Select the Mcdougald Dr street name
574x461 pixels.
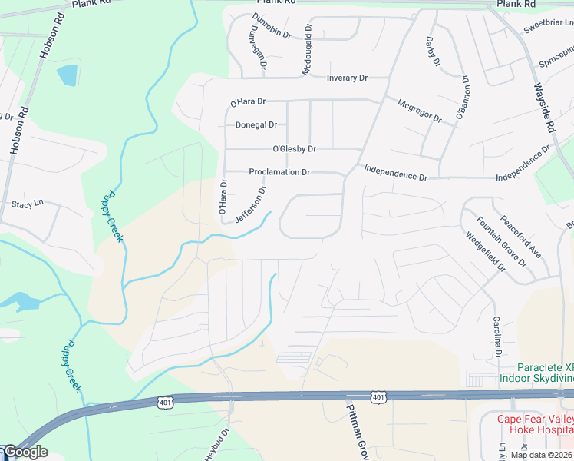(x=308, y=48)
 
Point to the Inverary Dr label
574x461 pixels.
(x=348, y=78)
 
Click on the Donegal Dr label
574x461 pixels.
(x=256, y=124)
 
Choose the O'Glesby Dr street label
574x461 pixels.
(x=294, y=149)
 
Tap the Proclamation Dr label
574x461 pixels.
(x=279, y=173)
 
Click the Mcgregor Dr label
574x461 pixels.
(x=420, y=110)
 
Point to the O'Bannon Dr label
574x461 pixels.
(x=463, y=96)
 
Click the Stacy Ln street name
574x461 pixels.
(x=27, y=204)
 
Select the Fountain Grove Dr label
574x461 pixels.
(x=500, y=241)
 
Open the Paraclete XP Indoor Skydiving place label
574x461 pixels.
(x=536, y=373)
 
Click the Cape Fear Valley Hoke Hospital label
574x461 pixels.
(x=535, y=425)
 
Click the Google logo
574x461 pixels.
(x=25, y=452)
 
